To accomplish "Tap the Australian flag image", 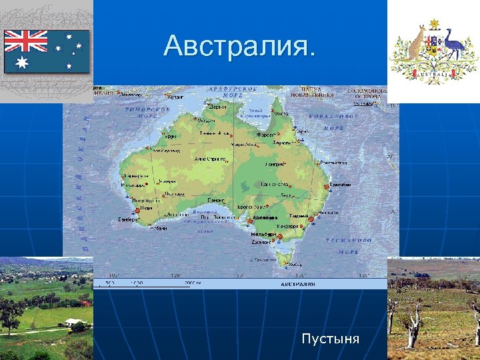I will (x=47, y=51).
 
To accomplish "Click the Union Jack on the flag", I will (x=26, y=41).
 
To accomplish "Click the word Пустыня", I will (x=330, y=339).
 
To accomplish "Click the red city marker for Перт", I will (x=137, y=211).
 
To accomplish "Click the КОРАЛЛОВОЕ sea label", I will (x=333, y=116).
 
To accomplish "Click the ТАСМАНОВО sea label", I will (x=348, y=239).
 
